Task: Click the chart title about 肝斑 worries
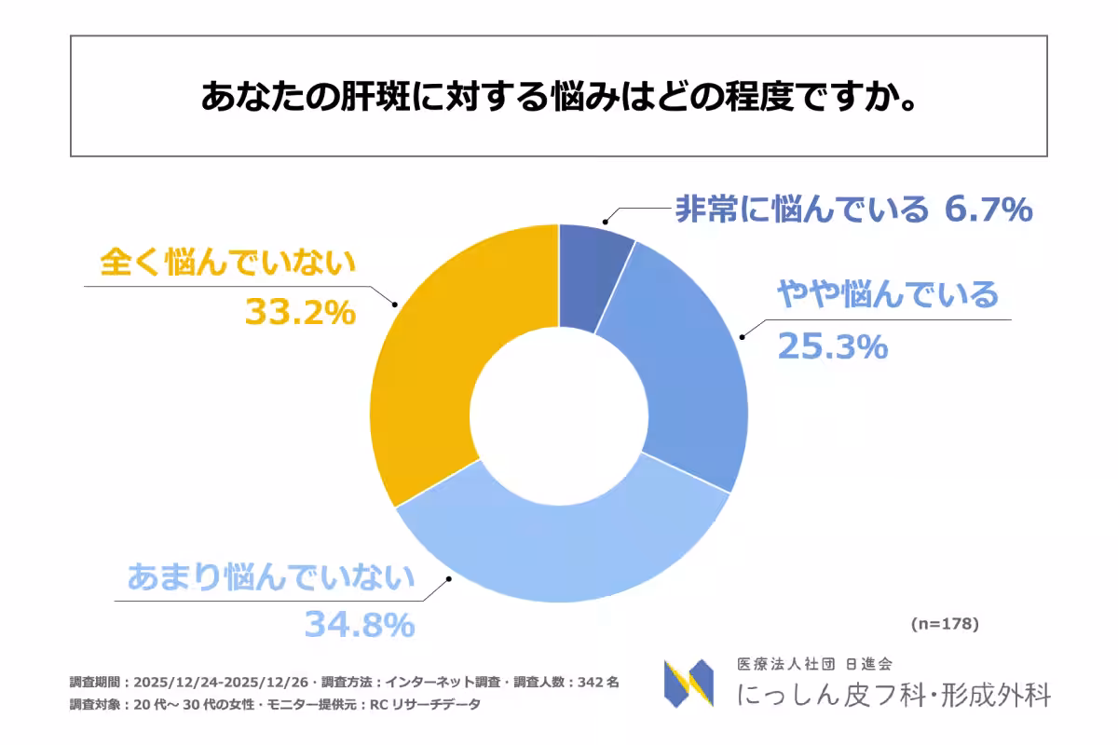pos(558,97)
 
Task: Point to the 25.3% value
pos(831,347)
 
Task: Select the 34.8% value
pos(359,625)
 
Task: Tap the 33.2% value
pos(300,312)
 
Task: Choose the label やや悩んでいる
pos(887,295)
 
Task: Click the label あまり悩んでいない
pos(270,578)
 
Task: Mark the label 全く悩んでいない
pos(228,263)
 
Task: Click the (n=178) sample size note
pos(944,623)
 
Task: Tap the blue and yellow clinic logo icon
pos(689,684)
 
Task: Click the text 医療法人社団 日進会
pos(814,664)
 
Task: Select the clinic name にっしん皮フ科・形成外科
pos(893,695)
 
